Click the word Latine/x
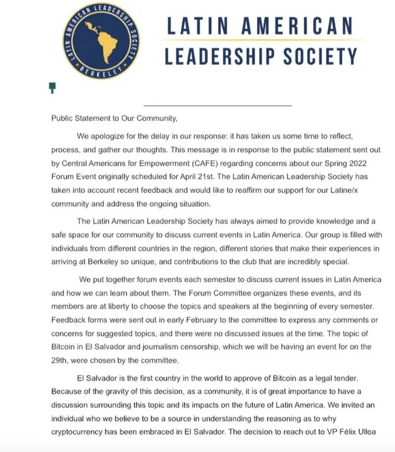pos(337,190)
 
